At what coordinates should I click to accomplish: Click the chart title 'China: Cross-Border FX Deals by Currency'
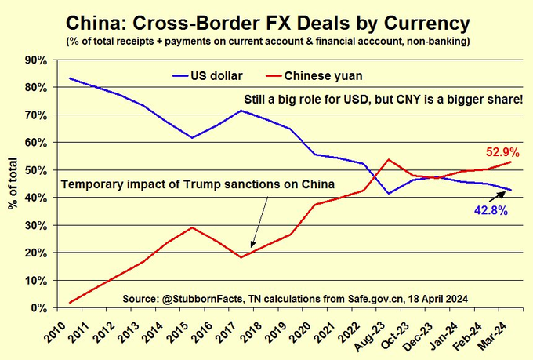click(x=268, y=24)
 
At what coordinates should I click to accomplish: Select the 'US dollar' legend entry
click(x=208, y=75)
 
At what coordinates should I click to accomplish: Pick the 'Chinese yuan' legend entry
click(x=314, y=75)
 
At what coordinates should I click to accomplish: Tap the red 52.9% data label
click(x=502, y=152)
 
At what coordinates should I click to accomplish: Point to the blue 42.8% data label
click(x=491, y=211)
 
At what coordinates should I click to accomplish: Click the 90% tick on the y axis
click(x=36, y=60)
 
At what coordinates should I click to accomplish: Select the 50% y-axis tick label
click(x=36, y=170)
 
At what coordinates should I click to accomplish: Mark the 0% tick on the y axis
click(x=39, y=308)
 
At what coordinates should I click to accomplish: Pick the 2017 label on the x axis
click(x=227, y=333)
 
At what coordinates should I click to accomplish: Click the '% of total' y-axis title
click(x=13, y=184)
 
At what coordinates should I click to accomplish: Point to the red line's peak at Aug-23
click(x=388, y=159)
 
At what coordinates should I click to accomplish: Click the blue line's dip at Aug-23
click(x=388, y=194)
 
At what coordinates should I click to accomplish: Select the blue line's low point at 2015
click(x=192, y=138)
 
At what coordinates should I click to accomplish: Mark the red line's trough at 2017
click(x=241, y=257)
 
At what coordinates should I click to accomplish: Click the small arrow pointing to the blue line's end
click(x=497, y=197)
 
